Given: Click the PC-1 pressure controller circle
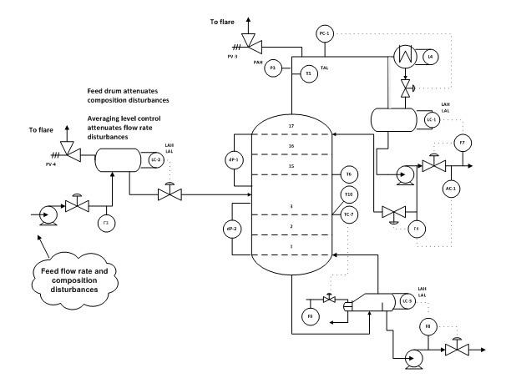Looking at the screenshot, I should [x=325, y=33].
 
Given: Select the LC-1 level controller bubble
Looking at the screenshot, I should [x=432, y=119].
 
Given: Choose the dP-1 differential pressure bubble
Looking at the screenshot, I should [x=234, y=159].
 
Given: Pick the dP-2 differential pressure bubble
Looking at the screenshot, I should [x=234, y=229].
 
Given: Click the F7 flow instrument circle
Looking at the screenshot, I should [x=463, y=144].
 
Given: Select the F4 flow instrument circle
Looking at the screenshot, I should [x=415, y=228].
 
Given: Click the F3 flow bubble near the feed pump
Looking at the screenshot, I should [x=105, y=223].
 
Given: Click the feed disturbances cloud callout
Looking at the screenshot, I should [x=74, y=278].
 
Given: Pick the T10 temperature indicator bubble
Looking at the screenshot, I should [x=349, y=195].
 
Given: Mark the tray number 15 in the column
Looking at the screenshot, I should [x=291, y=166].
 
